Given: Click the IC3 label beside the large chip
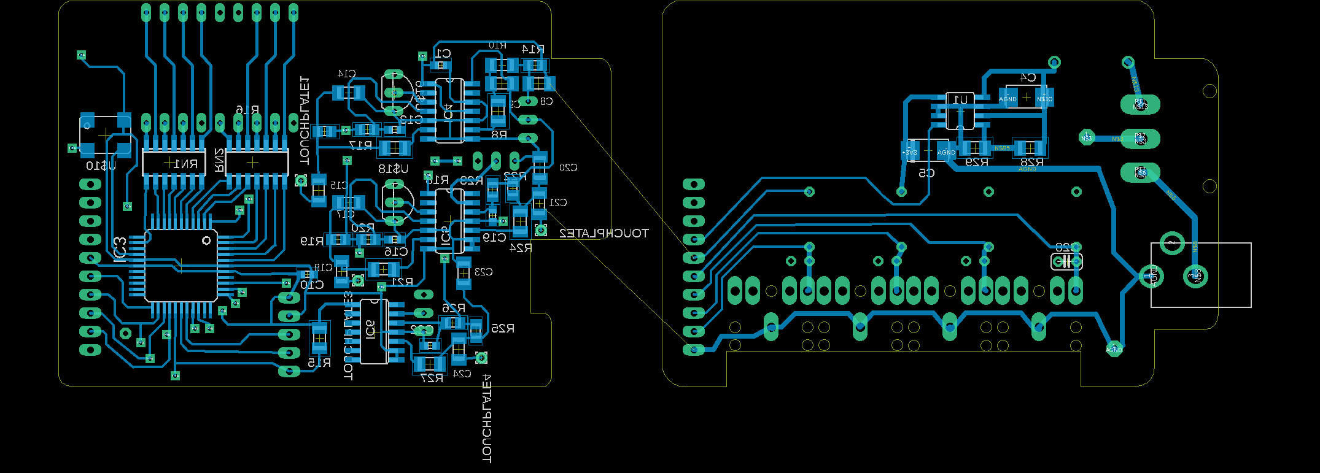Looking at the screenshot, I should click(120, 250).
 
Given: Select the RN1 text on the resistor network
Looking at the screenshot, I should click(185, 164).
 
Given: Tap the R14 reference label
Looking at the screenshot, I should click(532, 49).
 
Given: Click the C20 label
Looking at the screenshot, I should click(568, 167).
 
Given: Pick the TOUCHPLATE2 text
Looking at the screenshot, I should click(604, 234).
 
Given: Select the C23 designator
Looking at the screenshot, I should click(483, 272).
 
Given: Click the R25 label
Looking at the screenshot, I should click(502, 329).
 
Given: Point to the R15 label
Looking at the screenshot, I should click(319, 363).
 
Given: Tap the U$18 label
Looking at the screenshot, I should click(393, 169).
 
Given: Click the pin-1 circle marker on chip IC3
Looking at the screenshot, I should click(206, 241).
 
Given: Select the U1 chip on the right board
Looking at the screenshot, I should click(960, 110).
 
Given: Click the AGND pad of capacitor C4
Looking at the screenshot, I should click(1007, 98).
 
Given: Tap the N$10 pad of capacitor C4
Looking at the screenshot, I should click(1044, 98).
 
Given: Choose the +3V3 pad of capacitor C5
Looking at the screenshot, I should click(909, 152).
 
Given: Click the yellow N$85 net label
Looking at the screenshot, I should click(1002, 148).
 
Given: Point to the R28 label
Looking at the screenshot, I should click(1031, 163).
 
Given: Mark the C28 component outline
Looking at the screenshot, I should click(1066, 261).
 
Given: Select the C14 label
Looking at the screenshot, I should click(346, 74).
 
